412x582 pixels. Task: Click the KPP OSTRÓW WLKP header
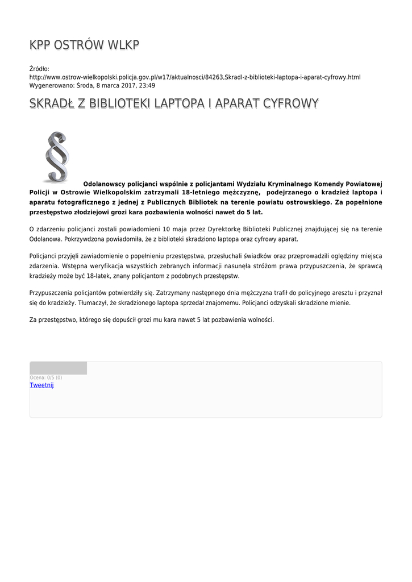point(84,45)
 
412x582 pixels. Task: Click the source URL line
point(195,77)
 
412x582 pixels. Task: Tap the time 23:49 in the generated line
point(148,85)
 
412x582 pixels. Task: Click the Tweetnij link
point(41,385)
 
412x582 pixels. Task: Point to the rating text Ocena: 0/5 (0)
point(46,377)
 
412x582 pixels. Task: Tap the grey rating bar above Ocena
point(58,368)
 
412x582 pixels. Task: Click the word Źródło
point(40,69)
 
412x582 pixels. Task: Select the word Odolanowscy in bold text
point(105,184)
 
